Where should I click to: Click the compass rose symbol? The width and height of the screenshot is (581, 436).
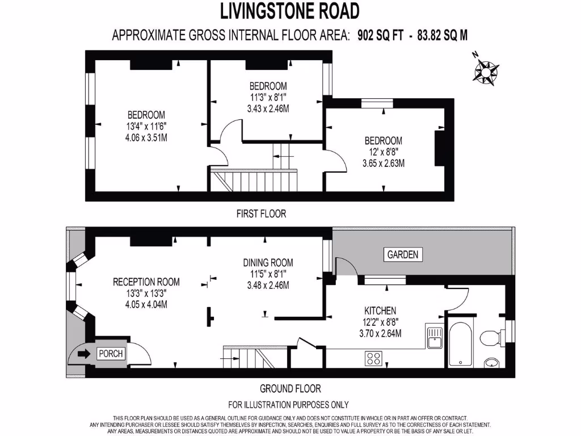tap(486, 70)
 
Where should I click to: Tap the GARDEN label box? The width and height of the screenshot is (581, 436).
tap(403, 254)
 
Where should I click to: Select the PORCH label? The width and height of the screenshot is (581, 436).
tap(111, 354)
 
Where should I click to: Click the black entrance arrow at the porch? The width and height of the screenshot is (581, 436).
tap(84, 354)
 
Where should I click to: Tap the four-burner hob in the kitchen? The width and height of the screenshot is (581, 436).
tap(373, 359)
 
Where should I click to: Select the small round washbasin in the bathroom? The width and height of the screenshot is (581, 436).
tap(492, 363)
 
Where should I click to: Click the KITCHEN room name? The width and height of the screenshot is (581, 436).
tap(380, 311)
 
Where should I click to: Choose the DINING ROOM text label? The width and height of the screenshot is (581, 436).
tap(268, 263)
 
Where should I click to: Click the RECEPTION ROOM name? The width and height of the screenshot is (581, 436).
tap(146, 282)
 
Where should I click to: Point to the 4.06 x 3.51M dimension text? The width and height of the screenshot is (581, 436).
tap(146, 138)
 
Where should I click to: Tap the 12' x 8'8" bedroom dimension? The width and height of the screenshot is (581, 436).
tap(383, 152)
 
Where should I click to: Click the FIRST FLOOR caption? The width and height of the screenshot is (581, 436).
tap(261, 213)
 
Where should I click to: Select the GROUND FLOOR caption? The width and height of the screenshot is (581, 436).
tap(290, 388)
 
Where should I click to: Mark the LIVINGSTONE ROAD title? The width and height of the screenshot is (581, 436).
tap(290, 11)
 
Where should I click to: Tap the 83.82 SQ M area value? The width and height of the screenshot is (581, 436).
tap(443, 35)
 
